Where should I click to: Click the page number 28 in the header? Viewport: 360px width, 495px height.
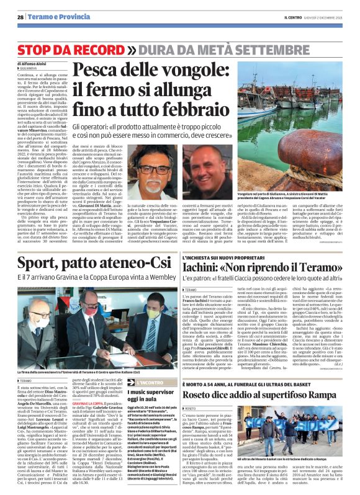[20, 17]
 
